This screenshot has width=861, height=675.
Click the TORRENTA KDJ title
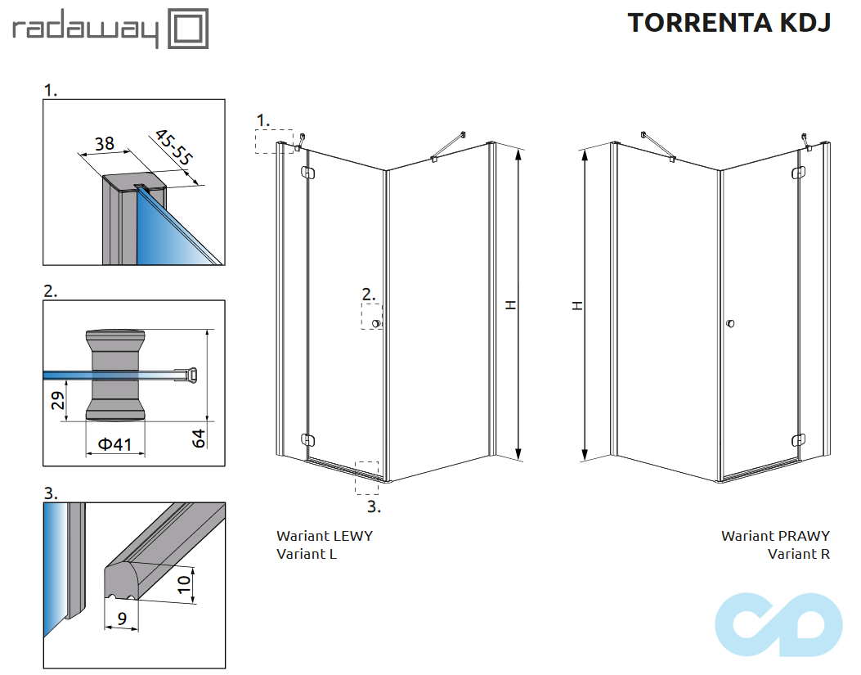[x=729, y=23]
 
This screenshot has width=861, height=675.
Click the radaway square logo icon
[x=188, y=29]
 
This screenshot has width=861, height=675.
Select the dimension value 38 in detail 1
[x=105, y=144]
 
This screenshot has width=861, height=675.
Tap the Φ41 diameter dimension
[x=114, y=444]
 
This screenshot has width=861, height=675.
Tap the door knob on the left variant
[x=376, y=324]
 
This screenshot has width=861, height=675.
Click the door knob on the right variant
[x=730, y=325]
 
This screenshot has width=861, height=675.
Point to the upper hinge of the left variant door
[x=308, y=173]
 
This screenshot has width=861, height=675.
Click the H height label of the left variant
[x=511, y=304]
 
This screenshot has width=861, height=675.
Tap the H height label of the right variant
[x=577, y=304]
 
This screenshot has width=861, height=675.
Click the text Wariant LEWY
[x=325, y=536]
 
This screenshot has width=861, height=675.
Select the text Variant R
[x=798, y=554]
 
